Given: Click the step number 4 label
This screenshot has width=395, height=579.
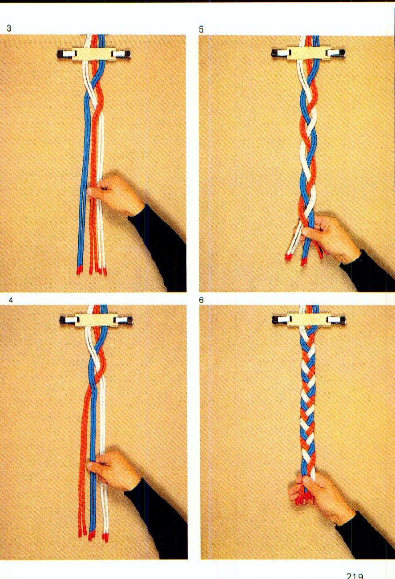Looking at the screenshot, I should pyautogui.click(x=10, y=300).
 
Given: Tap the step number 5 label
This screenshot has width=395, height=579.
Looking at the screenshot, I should pyautogui.click(x=202, y=29).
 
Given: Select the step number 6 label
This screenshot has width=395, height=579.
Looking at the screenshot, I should pyautogui.click(x=202, y=300).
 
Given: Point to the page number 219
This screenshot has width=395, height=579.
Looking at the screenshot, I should pyautogui.click(x=355, y=575).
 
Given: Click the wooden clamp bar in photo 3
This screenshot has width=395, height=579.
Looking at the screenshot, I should pyautogui.click(x=93, y=54).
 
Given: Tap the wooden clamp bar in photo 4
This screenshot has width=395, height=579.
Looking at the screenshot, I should pyautogui.click(x=96, y=320).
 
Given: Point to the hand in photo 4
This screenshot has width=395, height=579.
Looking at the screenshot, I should pyautogui.click(x=111, y=469).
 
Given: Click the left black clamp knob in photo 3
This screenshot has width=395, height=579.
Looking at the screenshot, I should pyautogui.click(x=61, y=54).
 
